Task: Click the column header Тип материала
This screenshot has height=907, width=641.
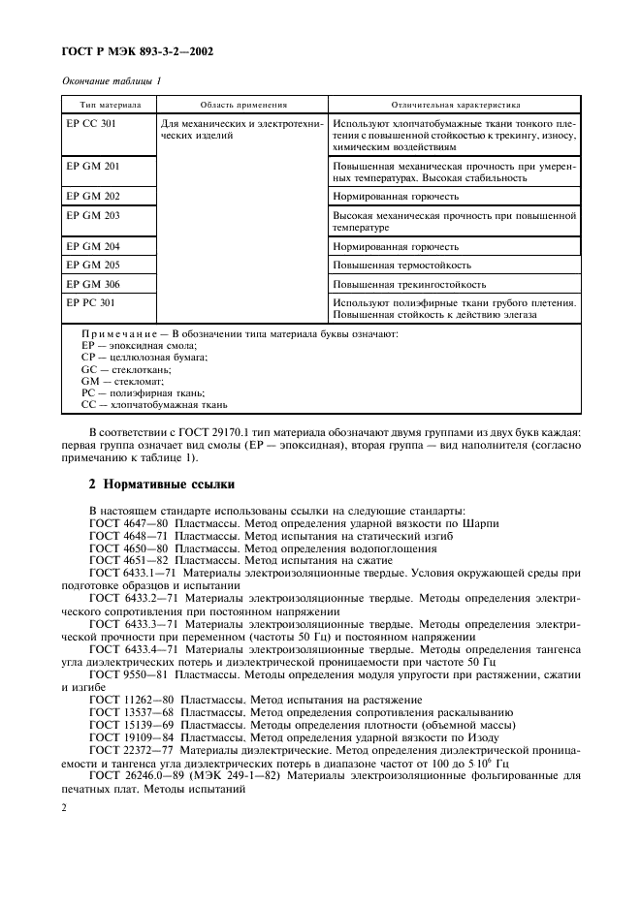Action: coord(104,104)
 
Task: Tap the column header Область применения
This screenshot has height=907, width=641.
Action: coord(243,104)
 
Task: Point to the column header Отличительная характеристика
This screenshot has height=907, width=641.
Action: coord(455,104)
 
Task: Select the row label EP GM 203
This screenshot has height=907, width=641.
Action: coord(93,215)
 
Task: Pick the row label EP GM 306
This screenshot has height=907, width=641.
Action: coord(93,285)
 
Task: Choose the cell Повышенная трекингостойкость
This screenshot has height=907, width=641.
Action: coord(409,285)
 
